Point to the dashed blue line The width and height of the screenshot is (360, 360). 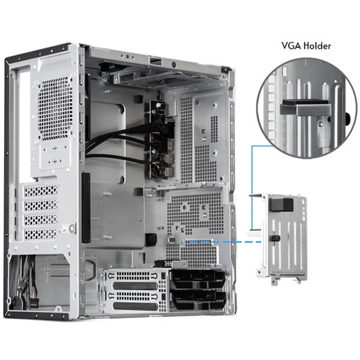click(222, 242)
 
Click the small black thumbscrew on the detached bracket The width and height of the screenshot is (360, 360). click(275, 239)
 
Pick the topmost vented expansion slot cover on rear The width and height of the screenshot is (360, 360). click(41, 191)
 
